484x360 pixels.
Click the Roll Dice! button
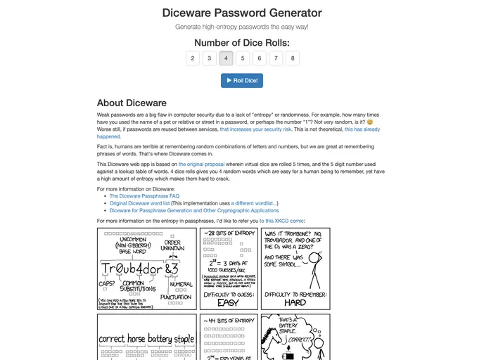pyautogui.click(x=241, y=81)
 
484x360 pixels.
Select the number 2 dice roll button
pyautogui.click(x=193, y=58)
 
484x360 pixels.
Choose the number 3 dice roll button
pyautogui.click(x=210, y=58)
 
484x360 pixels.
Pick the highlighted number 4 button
pyautogui.click(x=226, y=58)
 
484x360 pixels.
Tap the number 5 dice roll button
pyautogui.click(x=243, y=58)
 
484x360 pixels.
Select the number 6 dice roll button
pyautogui.click(x=260, y=58)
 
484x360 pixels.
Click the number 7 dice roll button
pyautogui.click(x=276, y=58)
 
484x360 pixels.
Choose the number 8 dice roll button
pyautogui.click(x=293, y=58)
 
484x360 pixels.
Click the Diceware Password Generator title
pyautogui.click(x=241, y=13)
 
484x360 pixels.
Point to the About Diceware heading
pyautogui.click(x=132, y=103)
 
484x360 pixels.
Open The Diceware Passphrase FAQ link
pyautogui.click(x=144, y=196)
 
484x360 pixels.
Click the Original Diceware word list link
pyautogui.click(x=139, y=203)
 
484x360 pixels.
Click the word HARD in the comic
pyautogui.click(x=295, y=302)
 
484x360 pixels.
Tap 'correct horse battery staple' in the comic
pyautogui.click(x=146, y=339)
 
